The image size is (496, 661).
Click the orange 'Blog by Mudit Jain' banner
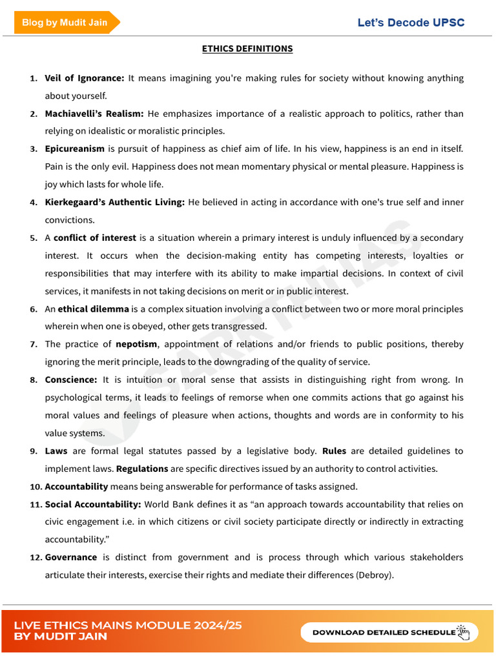tap(65, 23)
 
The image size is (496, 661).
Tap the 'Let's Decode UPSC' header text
tap(411, 23)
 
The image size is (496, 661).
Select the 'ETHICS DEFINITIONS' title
tap(247, 48)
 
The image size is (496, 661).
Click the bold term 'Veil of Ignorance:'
tap(84, 78)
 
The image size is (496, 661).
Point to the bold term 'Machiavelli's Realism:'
tap(94, 114)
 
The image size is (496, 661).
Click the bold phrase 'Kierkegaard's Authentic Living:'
tap(114, 202)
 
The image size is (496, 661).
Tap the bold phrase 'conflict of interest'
tap(95, 238)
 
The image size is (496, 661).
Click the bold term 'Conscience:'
tap(71, 380)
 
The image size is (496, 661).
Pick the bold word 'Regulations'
tap(142, 469)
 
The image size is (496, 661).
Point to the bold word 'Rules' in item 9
tap(335, 451)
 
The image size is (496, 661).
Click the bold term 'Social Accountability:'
tap(93, 504)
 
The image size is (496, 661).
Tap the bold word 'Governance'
tap(71, 557)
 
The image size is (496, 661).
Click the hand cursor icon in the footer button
tap(463, 633)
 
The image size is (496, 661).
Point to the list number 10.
tap(35, 486)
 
